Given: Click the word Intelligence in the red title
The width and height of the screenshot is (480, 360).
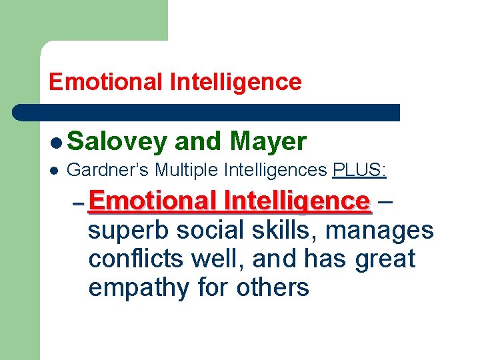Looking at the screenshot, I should point(236,82).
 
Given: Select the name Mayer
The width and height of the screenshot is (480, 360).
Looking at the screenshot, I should point(267,141).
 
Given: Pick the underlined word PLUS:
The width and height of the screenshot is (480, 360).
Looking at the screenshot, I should point(359,171).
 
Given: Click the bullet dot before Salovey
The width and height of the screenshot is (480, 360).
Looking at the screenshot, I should point(56,142).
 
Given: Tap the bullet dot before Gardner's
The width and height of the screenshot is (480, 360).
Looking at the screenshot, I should point(56,171).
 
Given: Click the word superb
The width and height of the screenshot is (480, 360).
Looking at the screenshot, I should point(126,231).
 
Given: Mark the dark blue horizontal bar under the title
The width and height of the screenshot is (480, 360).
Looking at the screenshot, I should point(207,112).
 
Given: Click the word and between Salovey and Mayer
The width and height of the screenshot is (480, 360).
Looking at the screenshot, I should point(197,141).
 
